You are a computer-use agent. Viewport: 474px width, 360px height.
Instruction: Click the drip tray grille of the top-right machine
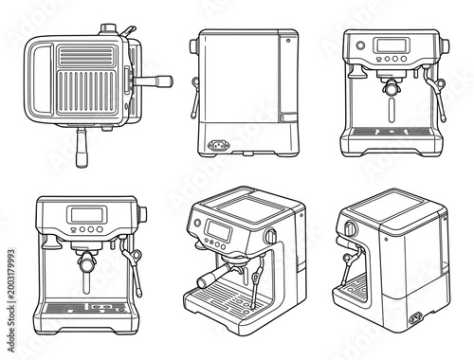pyautogui.click(x=390, y=133)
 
